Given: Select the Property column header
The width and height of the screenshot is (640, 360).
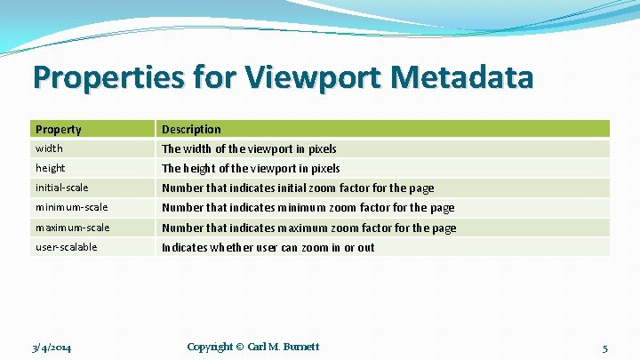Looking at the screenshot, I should pos(59,129).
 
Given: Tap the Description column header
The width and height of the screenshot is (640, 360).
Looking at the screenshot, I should pos(191,129).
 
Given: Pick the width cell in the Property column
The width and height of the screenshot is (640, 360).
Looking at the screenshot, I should pos(50,148).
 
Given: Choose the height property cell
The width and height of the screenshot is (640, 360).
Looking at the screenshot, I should pos(51,168).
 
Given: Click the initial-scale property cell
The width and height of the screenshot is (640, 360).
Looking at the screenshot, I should pos(61,188).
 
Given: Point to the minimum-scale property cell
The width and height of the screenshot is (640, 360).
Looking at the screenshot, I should pos(71,207).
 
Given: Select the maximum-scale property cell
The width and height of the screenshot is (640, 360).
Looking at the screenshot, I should pos(73,228).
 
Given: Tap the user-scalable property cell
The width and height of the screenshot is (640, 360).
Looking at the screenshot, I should pos(67,247).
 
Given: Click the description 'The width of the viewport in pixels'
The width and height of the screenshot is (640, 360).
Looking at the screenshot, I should pos(249,148).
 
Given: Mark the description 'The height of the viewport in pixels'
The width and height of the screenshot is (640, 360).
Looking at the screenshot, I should pos(251,168).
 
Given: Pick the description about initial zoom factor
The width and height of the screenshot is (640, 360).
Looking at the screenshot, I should pos(298,188).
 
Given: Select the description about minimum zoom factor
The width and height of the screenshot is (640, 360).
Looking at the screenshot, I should pos(308,207).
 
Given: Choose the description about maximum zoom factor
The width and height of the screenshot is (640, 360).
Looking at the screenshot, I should pos(308,228).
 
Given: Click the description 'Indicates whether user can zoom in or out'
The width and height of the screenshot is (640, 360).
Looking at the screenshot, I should pos(268,247).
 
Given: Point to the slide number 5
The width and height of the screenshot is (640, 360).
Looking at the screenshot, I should pos(604,347).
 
